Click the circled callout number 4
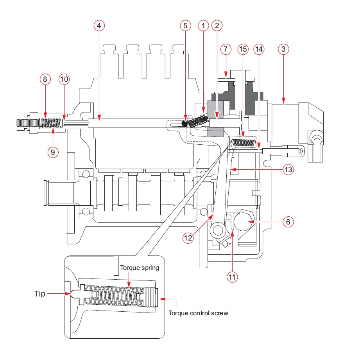99,25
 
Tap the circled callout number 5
185,25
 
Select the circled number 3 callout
283,49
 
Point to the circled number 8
45,79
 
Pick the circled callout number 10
64,79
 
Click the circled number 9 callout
53,152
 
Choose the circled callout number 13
288,170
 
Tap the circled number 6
288,222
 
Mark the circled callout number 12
188,237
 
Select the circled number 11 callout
232,277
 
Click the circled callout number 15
243,49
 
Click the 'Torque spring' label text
140,268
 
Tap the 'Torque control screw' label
198,313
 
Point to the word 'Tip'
40,294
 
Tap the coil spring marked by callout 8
50,123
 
